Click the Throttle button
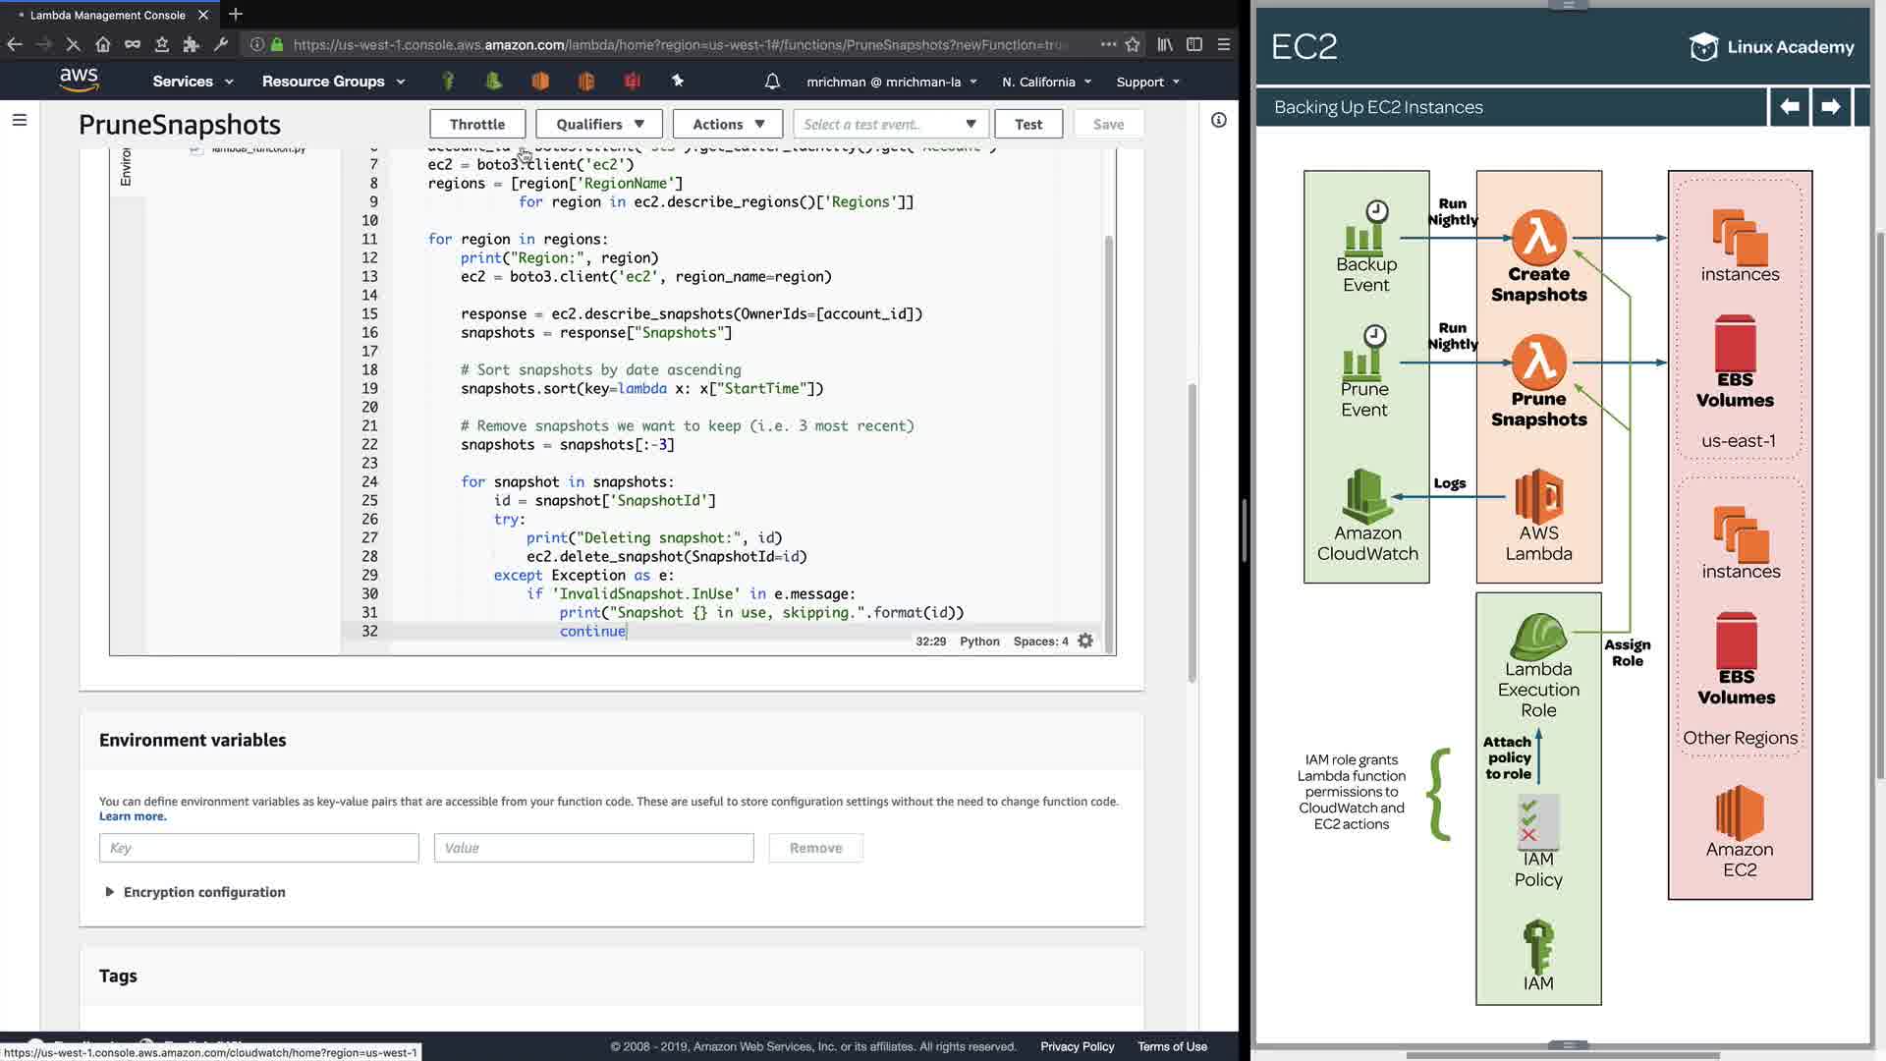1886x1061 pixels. (x=477, y=124)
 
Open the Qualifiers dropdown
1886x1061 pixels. (x=599, y=124)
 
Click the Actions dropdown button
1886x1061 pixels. (x=728, y=124)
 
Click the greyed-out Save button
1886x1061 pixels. (x=1108, y=124)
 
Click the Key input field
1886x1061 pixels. (x=259, y=848)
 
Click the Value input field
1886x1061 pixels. (x=593, y=848)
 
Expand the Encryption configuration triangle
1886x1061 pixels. (x=109, y=892)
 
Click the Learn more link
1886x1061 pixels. (x=133, y=816)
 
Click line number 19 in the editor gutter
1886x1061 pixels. (x=369, y=388)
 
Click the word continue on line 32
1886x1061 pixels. (x=592, y=631)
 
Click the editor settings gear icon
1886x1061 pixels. (x=1085, y=641)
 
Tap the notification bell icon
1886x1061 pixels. (x=772, y=82)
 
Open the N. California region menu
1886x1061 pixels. (x=1046, y=82)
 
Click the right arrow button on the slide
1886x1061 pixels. (x=1830, y=106)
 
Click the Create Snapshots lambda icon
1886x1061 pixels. (x=1538, y=238)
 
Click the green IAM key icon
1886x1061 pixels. (x=1538, y=945)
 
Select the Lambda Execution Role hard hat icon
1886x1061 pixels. (x=1538, y=637)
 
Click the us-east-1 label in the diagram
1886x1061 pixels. (x=1739, y=441)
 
